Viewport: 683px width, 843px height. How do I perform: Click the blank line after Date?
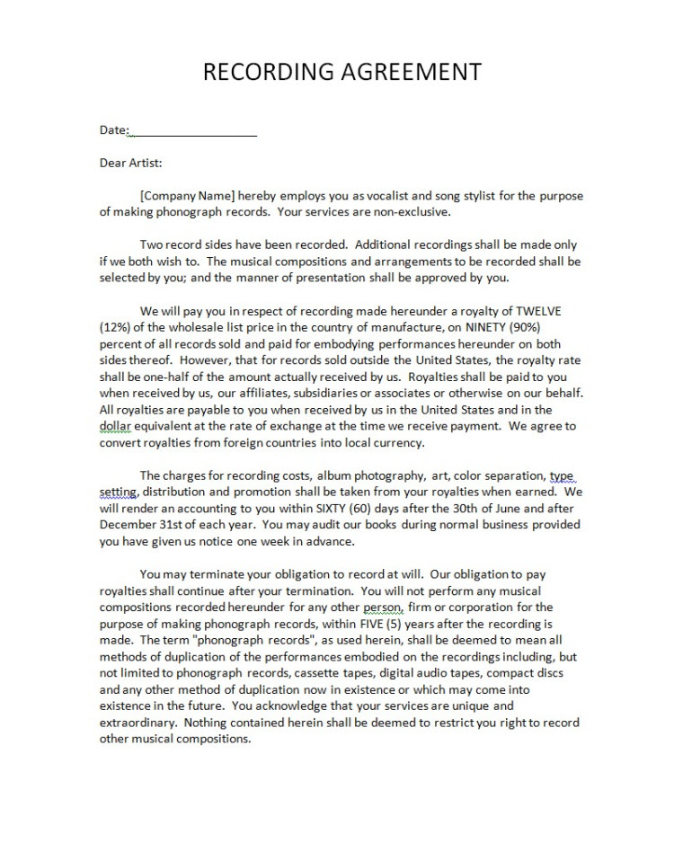point(194,131)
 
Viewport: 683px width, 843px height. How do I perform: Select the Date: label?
point(114,130)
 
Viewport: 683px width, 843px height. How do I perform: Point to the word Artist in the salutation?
point(145,164)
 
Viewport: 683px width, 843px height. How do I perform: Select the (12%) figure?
point(114,327)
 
